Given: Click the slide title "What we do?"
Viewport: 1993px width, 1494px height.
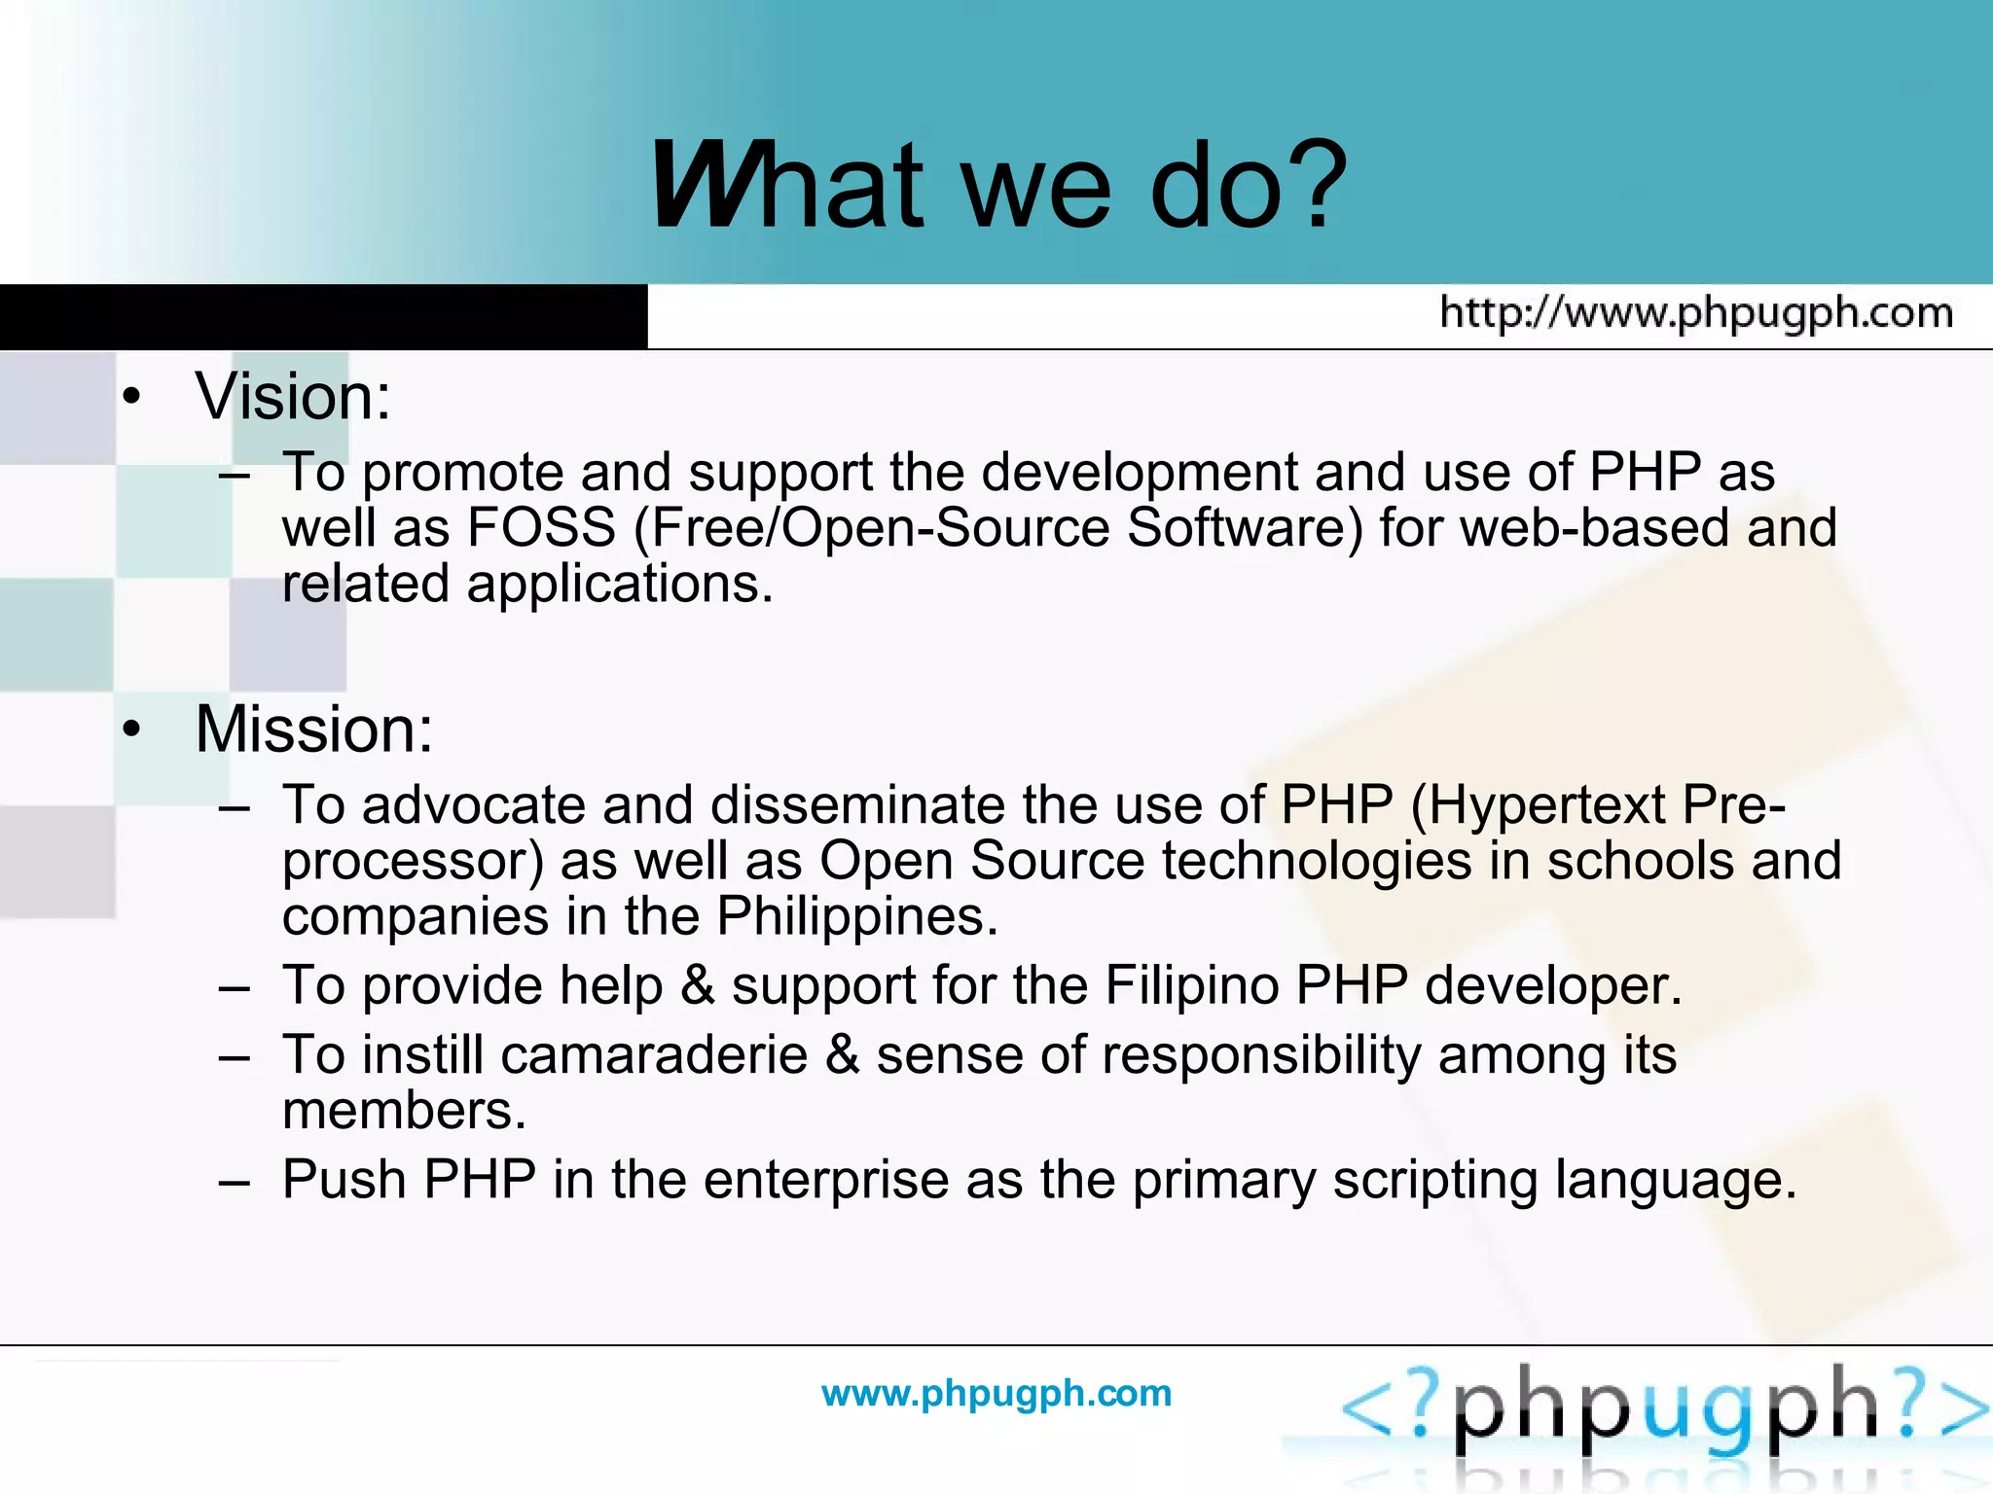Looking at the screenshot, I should tap(998, 185).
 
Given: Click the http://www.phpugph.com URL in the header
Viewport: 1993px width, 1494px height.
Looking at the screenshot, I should tap(1696, 313).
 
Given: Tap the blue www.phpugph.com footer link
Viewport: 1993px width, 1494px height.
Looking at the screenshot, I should tap(996, 1393).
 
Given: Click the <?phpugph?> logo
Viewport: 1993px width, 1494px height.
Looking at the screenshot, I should tap(1664, 1410).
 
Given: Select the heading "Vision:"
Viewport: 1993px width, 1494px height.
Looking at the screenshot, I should tap(293, 397).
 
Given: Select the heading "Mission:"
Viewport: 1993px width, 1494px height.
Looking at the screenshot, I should tap(313, 729).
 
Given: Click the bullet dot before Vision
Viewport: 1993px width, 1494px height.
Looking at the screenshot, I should tap(132, 397).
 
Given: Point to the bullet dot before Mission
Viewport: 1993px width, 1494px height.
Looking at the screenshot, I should tap(132, 729).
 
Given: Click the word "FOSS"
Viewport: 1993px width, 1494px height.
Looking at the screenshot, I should tap(541, 528).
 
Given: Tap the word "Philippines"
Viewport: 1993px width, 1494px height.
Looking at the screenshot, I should tap(856, 916).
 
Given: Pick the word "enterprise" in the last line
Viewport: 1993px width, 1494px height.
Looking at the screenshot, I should tap(825, 1180).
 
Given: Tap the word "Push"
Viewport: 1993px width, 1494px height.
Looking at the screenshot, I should tap(344, 1180).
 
